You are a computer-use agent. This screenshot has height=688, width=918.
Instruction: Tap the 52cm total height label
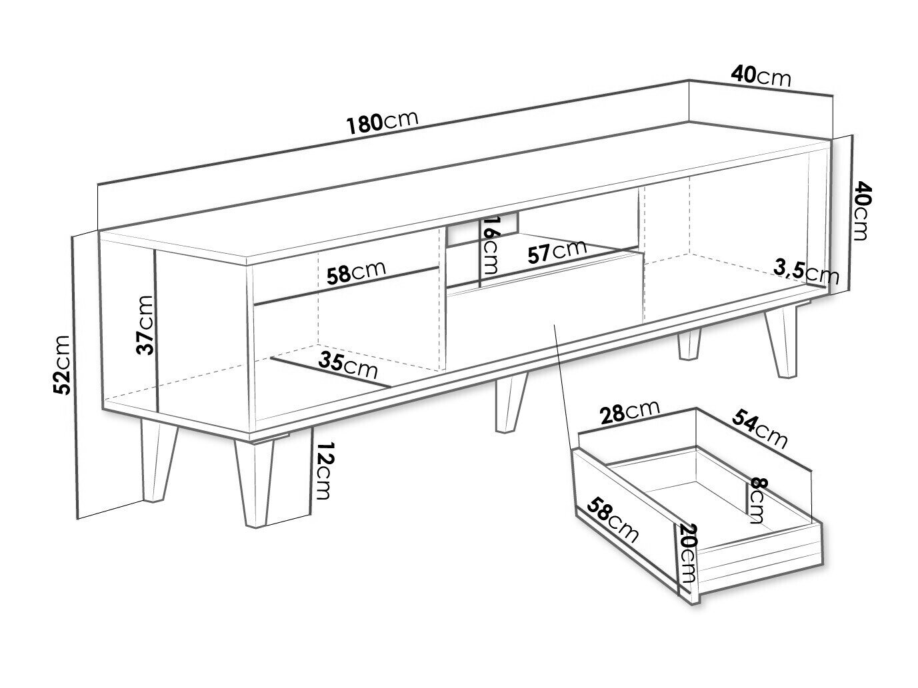click(63, 365)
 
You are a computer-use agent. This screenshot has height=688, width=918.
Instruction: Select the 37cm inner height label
click(146, 325)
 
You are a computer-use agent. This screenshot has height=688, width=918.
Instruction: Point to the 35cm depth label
click(348, 365)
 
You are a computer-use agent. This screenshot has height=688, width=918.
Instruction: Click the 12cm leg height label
click(323, 470)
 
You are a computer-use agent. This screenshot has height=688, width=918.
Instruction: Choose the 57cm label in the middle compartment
click(557, 252)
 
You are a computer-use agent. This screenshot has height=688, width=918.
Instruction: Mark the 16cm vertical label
click(489, 245)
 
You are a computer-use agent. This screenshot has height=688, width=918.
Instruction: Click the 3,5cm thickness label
click(806, 272)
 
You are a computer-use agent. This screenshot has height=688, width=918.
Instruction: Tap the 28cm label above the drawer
click(629, 412)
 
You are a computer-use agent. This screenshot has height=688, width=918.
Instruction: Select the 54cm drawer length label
click(759, 429)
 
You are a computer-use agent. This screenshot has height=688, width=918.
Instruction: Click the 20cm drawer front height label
click(688, 553)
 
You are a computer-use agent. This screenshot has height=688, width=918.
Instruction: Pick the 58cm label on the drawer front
click(613, 520)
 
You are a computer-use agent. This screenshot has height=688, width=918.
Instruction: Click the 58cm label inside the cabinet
click(356, 273)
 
